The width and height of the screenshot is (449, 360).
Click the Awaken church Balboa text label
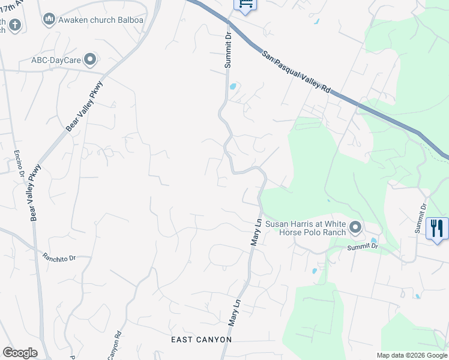point(93,20)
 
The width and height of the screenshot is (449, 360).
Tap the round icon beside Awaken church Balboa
point(49,20)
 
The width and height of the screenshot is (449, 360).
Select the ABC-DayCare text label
point(56,59)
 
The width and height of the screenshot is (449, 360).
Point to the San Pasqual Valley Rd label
point(297,71)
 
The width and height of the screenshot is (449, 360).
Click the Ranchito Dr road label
point(59,257)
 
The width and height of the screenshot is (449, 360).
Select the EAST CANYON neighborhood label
point(201,340)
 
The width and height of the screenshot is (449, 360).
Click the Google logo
point(20,353)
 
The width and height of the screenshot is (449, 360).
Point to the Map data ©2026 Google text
point(412,355)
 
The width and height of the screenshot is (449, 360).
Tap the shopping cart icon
point(245,4)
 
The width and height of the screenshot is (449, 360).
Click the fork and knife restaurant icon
point(437,229)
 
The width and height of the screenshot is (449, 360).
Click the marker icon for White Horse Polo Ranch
point(355,227)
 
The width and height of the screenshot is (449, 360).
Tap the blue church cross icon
point(14,25)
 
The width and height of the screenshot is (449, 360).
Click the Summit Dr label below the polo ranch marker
point(363,246)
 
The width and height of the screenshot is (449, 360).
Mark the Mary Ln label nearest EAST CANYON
point(234,314)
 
